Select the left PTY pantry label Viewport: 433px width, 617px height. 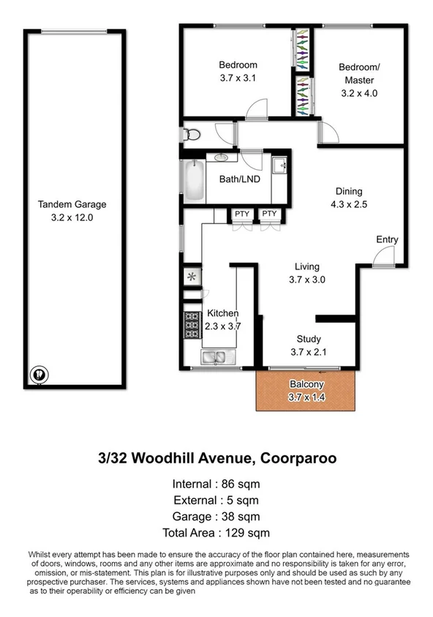click(x=241, y=214)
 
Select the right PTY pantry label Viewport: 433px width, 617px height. click(x=269, y=214)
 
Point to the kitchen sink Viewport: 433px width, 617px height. click(x=214, y=357)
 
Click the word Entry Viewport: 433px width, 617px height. click(x=387, y=239)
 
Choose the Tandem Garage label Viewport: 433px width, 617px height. click(x=72, y=205)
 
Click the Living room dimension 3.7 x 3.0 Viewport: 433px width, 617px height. click(x=307, y=279)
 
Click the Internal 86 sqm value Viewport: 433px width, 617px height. click(x=243, y=484)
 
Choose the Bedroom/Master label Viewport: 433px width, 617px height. click(x=357, y=74)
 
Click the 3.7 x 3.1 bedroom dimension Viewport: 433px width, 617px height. click(x=238, y=77)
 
